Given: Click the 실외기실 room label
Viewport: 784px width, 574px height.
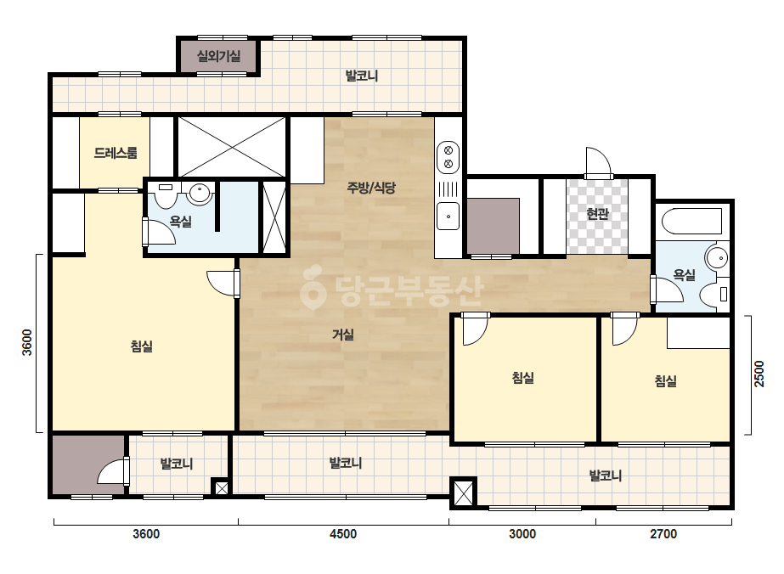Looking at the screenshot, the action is coord(218,56).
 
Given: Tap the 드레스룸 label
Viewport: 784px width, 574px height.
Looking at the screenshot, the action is coord(115,153).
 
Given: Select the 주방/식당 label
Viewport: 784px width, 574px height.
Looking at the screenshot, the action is coord(371,188).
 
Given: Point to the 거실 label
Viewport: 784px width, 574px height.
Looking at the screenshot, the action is coord(343,335).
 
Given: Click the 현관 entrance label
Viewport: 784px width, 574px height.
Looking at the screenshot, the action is coord(597,214).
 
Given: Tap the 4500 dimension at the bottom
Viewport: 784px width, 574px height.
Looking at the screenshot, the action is coord(343,534).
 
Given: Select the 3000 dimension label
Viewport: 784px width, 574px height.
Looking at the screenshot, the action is coord(522,534).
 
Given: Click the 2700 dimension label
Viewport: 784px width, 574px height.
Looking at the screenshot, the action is coord(663,534).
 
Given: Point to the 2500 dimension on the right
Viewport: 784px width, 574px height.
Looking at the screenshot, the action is coord(759,374).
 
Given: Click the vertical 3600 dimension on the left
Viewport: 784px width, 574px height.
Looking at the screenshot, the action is coord(27,342).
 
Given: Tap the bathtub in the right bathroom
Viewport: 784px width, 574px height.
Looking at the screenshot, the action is coord(692,221).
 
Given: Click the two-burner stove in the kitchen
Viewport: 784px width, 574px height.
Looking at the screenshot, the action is coord(448,157).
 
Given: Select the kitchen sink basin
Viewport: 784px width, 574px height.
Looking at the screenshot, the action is coord(448,216).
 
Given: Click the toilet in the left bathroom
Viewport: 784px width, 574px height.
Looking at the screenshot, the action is coord(165,195).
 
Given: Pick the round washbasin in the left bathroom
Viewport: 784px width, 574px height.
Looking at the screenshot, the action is coord(199,193).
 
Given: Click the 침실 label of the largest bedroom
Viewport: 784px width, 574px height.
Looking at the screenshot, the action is coord(142,346).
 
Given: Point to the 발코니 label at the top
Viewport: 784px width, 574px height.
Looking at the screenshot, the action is coord(362,76).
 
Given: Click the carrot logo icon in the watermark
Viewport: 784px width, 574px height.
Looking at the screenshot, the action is coord(313,287).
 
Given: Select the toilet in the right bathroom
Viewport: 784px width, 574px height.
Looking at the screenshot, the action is coord(713,295).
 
